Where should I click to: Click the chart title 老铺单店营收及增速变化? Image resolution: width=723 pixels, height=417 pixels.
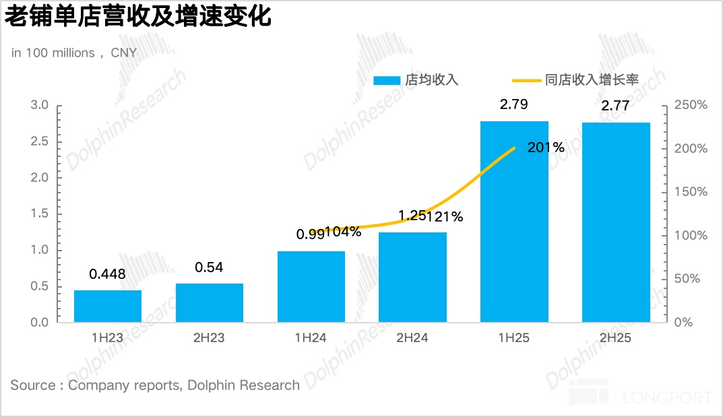[137, 16]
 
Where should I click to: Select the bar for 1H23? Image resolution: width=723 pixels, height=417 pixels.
[108, 306]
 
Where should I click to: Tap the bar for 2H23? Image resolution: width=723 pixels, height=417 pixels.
[210, 302]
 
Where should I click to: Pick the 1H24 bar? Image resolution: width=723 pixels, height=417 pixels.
[311, 286]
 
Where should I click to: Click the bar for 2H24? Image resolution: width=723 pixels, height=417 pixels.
[412, 277]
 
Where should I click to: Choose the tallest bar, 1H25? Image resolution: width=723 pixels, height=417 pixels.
[514, 222]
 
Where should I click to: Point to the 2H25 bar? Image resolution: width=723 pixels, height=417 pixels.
[616, 222]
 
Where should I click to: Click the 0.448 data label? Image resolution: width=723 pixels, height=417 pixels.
[108, 274]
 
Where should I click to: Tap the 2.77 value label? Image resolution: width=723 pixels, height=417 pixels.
[616, 106]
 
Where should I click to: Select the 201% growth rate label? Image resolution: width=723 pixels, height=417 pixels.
[546, 148]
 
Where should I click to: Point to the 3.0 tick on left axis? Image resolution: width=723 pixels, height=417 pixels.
[40, 105]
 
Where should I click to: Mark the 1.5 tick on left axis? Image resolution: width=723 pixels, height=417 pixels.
[40, 214]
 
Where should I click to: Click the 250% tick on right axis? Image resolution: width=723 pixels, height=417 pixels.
[691, 105]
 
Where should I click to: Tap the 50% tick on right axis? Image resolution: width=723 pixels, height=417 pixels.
[687, 279]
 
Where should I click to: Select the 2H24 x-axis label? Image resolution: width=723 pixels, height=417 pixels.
[412, 338]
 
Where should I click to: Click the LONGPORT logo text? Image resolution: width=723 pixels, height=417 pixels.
[667, 397]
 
